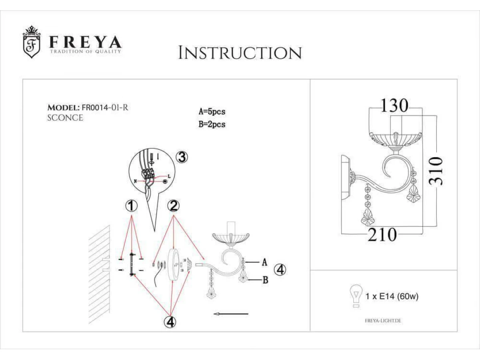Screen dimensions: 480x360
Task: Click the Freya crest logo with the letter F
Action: click(x=32, y=42)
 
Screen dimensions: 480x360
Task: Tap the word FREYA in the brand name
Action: click(x=86, y=42)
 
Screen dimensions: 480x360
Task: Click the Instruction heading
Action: click(x=240, y=53)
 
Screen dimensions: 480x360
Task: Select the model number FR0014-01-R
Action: click(x=105, y=108)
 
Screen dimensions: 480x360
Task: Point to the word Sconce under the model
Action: click(x=65, y=118)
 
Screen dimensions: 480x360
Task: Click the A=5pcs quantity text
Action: click(x=212, y=112)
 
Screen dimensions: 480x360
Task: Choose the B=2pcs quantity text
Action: click(x=212, y=124)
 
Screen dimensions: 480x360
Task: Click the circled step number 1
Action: click(x=131, y=206)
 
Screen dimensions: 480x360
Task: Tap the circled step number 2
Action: click(x=174, y=206)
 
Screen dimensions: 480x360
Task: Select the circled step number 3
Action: click(x=182, y=157)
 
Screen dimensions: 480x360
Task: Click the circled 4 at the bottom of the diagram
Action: click(x=170, y=322)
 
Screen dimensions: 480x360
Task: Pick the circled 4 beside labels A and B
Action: click(x=280, y=270)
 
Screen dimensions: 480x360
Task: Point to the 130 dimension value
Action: click(x=395, y=106)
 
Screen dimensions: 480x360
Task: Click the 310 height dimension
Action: click(x=436, y=171)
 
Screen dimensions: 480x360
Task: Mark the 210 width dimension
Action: click(x=382, y=234)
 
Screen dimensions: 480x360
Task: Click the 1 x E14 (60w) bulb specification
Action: click(x=392, y=296)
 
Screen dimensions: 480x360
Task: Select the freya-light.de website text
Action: click(x=383, y=321)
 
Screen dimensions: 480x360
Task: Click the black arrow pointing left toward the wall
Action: click(x=231, y=314)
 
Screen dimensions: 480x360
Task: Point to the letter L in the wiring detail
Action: click(x=169, y=176)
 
